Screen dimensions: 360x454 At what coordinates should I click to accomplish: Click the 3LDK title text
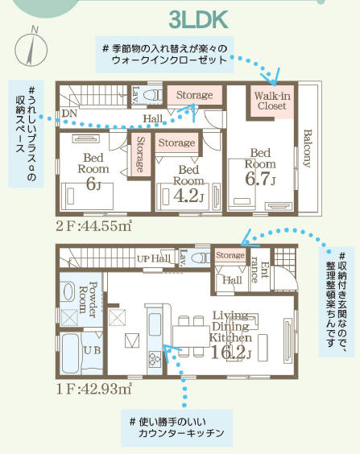pos(198,19)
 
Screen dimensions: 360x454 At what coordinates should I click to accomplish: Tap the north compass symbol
pos(31,47)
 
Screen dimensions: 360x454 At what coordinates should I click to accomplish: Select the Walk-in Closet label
pos(272,101)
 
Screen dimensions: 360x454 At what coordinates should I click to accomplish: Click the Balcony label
pos(308,148)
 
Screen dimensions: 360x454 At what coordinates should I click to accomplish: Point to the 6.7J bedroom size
pos(260,179)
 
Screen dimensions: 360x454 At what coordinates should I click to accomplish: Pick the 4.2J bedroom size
pos(188,196)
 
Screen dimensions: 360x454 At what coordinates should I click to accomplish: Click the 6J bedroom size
pos(93,184)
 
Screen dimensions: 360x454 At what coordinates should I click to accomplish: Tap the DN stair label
pos(69,113)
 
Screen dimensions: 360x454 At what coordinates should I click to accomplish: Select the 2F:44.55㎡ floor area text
pos(94,226)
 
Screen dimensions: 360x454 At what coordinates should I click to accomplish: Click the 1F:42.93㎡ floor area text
pos(94,389)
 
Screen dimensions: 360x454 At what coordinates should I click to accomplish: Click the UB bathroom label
pos(92,350)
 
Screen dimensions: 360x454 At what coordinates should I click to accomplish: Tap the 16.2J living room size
pos(230,352)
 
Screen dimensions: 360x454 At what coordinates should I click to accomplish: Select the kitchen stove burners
pos(155,359)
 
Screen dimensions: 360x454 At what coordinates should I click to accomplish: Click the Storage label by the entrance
pos(230,255)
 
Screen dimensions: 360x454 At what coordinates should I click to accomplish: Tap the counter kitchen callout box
pos(176,427)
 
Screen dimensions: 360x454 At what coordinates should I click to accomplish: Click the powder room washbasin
pos(68,291)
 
